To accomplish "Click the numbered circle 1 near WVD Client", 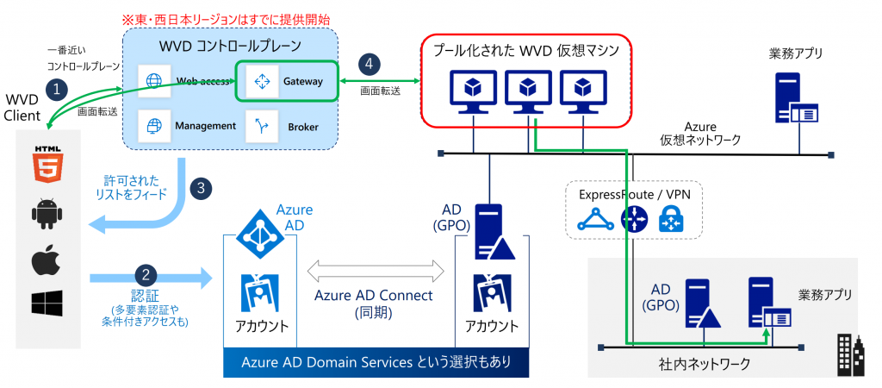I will (57, 89).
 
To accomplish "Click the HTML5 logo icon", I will (46, 165).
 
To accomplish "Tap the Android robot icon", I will (46, 211).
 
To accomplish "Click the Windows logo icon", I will (46, 304).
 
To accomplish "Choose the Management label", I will (206, 126).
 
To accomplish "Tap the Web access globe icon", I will (155, 81).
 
